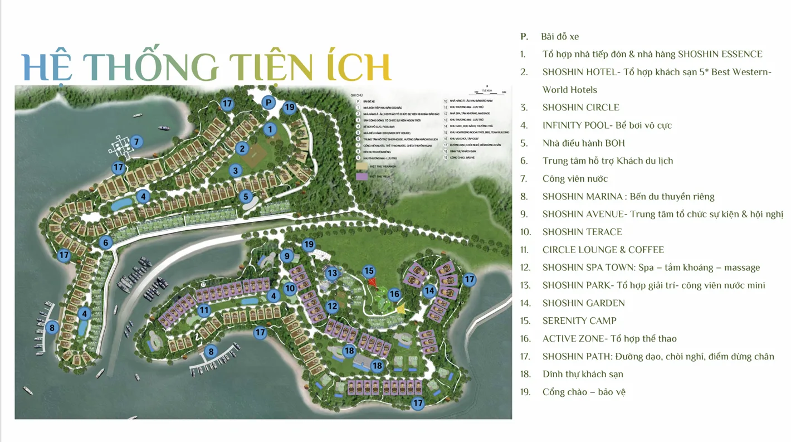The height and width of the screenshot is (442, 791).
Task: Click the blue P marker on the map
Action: pos(268,103)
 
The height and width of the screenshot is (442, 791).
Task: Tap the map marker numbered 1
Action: pos(270,129)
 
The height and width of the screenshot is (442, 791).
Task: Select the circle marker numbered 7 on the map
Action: pos(136,142)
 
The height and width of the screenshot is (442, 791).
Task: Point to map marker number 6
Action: pos(105,242)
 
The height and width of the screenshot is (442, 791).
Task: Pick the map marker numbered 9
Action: pos(287,256)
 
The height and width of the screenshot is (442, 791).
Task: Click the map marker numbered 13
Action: pos(332,273)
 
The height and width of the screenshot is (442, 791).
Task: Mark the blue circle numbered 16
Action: pos(394,294)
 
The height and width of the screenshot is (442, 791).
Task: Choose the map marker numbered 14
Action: pos(429,290)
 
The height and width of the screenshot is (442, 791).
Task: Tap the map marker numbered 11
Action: pos(204,310)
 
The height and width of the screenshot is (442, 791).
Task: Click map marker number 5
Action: pos(246,196)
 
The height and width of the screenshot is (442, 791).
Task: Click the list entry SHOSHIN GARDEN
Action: pos(583,303)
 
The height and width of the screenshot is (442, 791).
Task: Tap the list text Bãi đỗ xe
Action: pos(560,37)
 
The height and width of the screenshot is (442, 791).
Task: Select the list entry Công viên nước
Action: pos(575,179)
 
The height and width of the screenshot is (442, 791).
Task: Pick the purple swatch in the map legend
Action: pos(362,176)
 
